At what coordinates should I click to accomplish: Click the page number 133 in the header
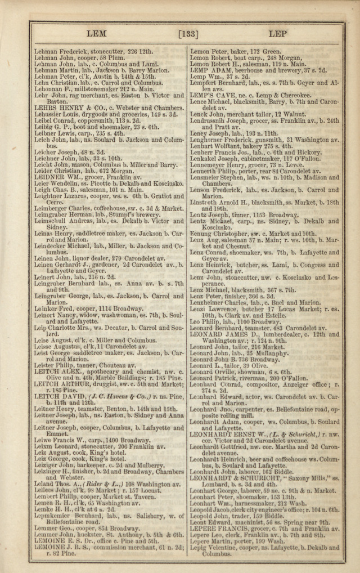click(x=188, y=35)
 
